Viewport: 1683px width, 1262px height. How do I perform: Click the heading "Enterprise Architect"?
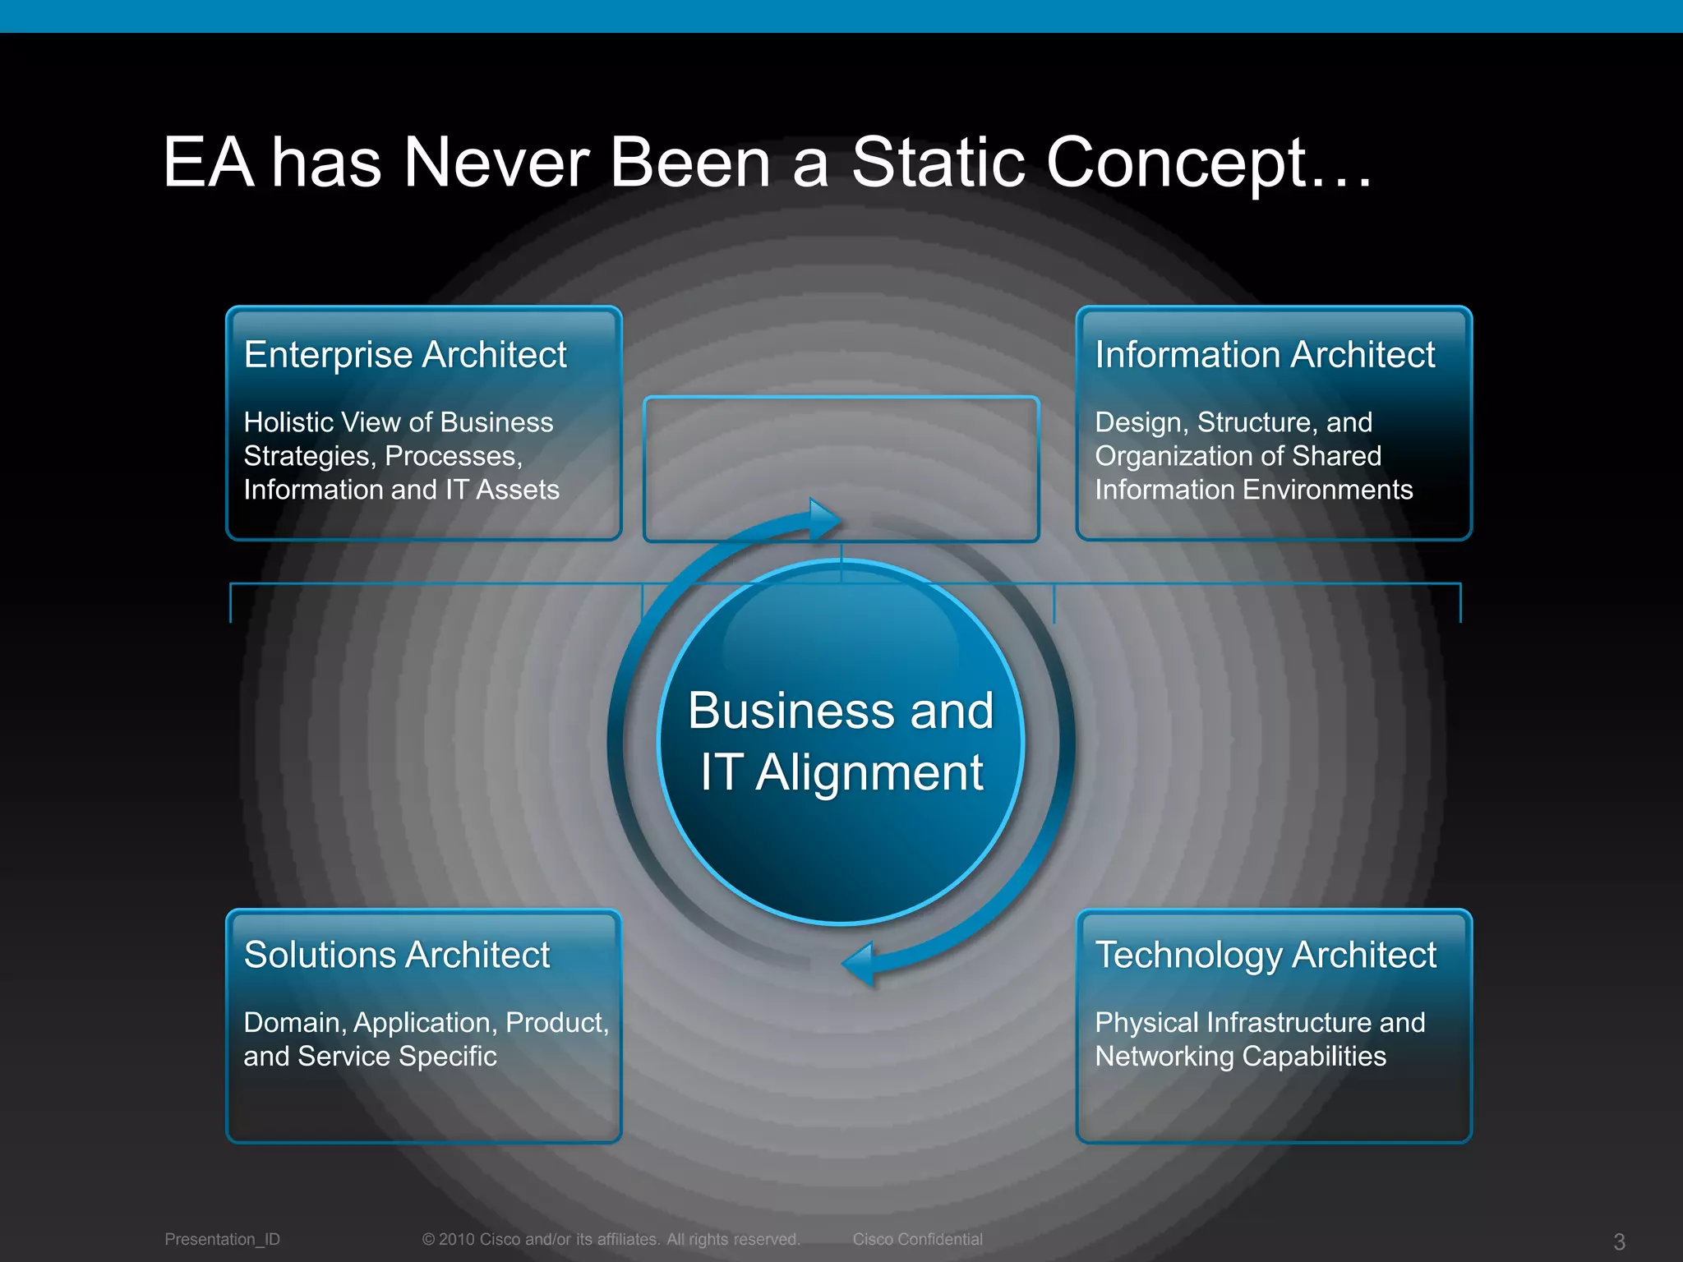click(x=405, y=355)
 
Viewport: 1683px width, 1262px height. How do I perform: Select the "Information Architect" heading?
click(x=1265, y=355)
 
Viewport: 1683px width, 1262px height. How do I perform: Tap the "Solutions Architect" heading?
click(x=397, y=955)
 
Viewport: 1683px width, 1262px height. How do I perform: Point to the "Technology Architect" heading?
click(x=1266, y=955)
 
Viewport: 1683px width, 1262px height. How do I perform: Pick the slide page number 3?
click(x=1619, y=1241)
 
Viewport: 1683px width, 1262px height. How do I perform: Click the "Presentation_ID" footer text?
click(x=222, y=1239)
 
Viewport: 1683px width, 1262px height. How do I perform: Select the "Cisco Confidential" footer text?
click(x=917, y=1239)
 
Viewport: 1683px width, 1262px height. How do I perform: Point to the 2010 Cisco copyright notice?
click(x=611, y=1239)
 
